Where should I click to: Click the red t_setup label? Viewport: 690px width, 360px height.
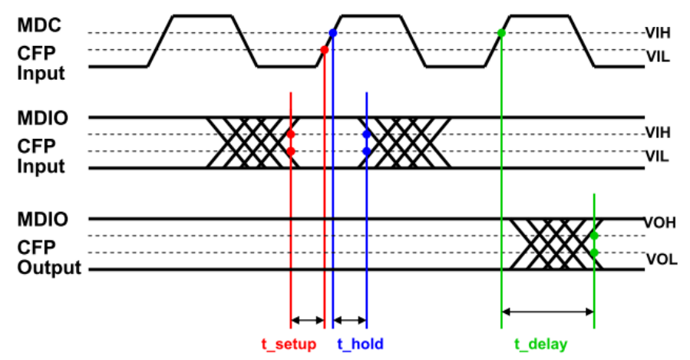289,344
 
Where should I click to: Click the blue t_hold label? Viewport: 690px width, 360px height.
361,344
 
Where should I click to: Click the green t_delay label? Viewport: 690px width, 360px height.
541,344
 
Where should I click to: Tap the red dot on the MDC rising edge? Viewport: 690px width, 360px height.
325,50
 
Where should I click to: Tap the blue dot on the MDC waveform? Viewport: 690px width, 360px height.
332,33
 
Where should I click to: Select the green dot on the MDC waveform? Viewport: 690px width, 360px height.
501,33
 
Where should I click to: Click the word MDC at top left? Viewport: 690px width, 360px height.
39,25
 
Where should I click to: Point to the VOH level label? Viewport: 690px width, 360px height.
659,223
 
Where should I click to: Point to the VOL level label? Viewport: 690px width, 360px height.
662,259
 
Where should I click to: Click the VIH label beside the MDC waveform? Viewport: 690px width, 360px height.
658,33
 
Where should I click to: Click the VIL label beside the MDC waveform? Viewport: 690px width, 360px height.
658,57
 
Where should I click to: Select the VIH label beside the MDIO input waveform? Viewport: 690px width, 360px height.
658,133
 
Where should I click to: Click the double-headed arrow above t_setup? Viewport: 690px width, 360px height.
308,320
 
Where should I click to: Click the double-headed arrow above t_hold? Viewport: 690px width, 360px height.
350,320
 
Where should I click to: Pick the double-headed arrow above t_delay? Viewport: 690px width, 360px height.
548,312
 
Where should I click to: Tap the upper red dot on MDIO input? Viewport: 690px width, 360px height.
290,134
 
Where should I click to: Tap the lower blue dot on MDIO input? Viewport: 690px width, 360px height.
367,151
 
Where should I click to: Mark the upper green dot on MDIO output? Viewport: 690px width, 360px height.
594,236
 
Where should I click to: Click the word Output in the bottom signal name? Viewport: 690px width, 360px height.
49,268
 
